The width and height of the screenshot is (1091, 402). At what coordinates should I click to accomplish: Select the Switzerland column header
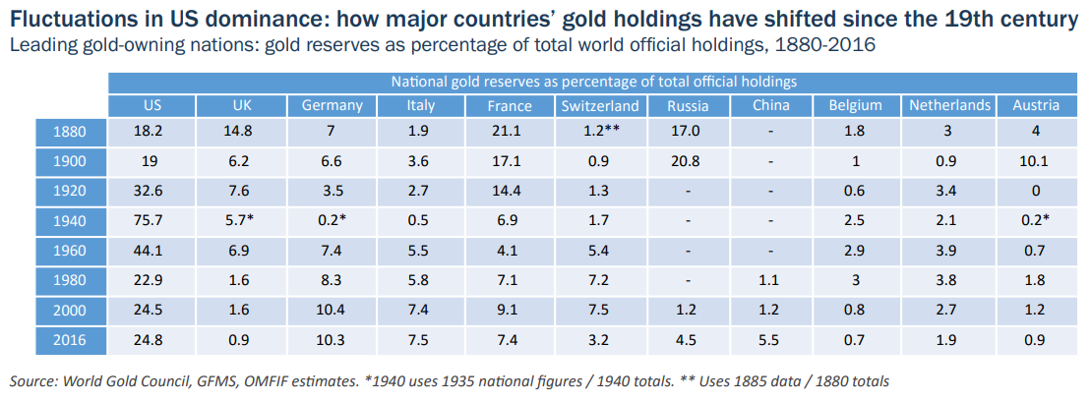(x=599, y=106)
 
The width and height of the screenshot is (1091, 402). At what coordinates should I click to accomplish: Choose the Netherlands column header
(x=949, y=106)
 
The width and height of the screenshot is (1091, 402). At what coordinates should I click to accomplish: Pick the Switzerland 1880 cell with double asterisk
(x=599, y=132)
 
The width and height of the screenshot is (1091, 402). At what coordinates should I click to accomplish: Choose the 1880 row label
(x=71, y=132)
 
